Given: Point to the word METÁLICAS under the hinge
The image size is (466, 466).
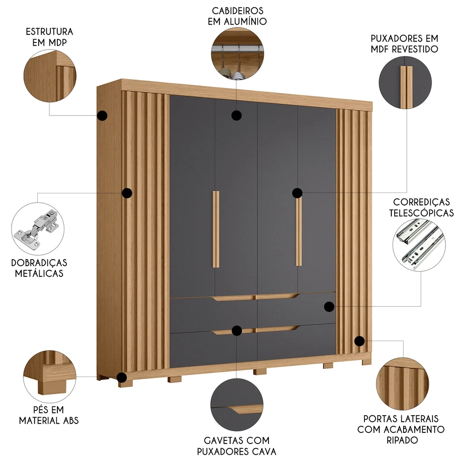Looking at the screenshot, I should [x=39, y=274].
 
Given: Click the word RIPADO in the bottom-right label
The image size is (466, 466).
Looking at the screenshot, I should [x=401, y=439].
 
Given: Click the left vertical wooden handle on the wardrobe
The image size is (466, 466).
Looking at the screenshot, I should [x=216, y=229].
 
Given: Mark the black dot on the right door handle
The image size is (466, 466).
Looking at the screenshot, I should [x=298, y=193].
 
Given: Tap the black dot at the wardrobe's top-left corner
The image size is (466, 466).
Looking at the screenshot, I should [x=103, y=115].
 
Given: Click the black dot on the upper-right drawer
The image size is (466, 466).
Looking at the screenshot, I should [x=329, y=307].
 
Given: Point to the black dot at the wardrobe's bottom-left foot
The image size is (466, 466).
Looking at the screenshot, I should [x=122, y=377].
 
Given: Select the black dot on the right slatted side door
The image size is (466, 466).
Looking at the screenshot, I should [x=359, y=341].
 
